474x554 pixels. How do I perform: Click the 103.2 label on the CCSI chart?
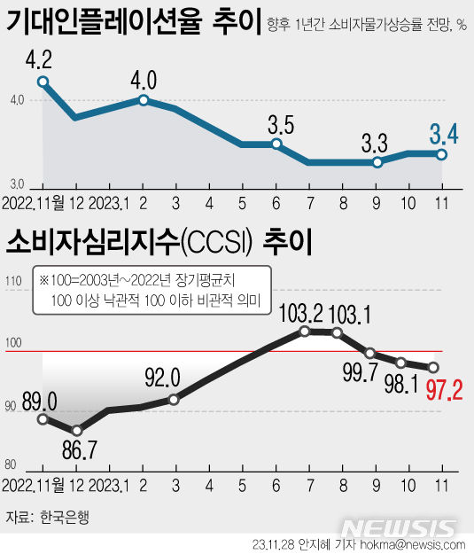[304, 313]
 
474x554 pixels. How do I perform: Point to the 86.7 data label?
[80, 450]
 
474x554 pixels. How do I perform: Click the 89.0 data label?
[39, 400]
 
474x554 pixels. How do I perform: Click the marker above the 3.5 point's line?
[276, 144]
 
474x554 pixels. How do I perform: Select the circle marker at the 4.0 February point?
[144, 100]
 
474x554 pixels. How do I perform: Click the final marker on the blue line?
[441, 153]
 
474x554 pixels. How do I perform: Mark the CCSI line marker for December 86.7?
[76, 430]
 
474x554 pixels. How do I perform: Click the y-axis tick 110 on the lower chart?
[12, 282]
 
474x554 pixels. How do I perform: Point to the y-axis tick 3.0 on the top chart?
[16, 183]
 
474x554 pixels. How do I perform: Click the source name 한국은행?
[65, 515]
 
